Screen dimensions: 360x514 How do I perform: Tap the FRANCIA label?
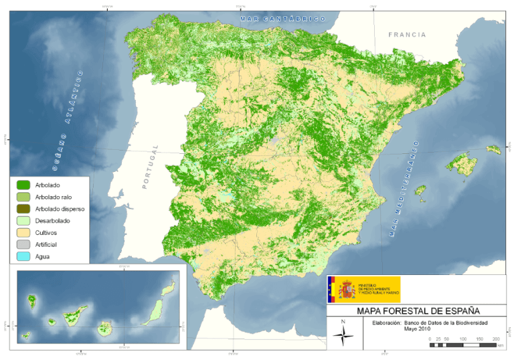pyautogui.click(x=406, y=35)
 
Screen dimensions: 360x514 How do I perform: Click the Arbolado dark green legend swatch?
pyautogui.click(x=23, y=185)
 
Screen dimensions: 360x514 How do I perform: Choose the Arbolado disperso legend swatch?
pyautogui.click(x=23, y=209)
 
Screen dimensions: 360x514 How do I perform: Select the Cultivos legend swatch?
pyautogui.click(x=23, y=233)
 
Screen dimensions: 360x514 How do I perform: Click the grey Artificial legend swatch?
pyautogui.click(x=23, y=245)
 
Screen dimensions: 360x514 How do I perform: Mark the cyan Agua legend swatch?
pyautogui.click(x=23, y=257)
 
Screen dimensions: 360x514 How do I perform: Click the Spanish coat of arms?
pyautogui.click(x=347, y=289)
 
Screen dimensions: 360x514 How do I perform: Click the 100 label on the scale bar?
pyautogui.click(x=462, y=340)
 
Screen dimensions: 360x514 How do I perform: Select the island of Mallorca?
pyautogui.click(x=462, y=163)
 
